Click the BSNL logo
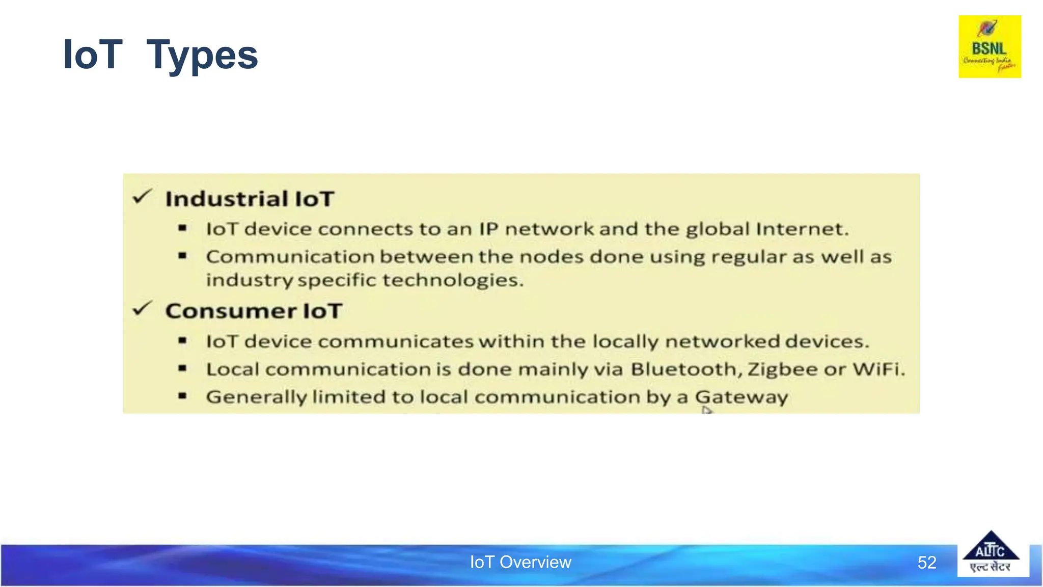click(x=990, y=47)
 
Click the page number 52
click(x=926, y=563)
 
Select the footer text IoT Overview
click(x=520, y=562)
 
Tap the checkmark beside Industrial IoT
click(x=142, y=197)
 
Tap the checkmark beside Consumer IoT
click(x=142, y=309)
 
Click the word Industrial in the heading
click(x=227, y=199)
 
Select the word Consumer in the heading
click(x=231, y=311)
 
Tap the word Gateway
click(x=741, y=397)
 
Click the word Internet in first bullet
click(x=802, y=229)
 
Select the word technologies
click(x=452, y=280)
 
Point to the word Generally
click(x=256, y=397)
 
